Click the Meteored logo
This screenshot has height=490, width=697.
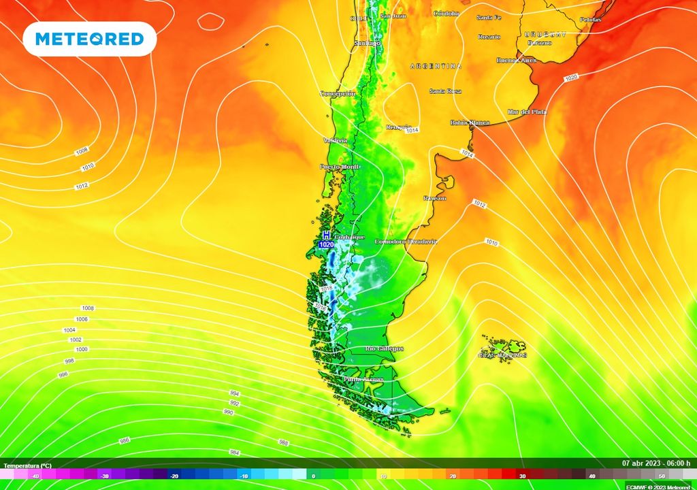click(x=90, y=39)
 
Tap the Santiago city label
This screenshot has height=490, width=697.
click(x=368, y=44)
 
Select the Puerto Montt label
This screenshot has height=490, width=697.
click(x=340, y=167)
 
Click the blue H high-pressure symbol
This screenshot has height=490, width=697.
click(x=326, y=235)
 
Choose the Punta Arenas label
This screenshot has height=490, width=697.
click(x=363, y=379)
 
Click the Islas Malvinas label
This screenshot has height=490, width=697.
click(x=502, y=355)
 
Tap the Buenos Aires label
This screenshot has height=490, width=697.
click(x=517, y=60)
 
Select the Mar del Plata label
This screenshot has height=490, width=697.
click(x=527, y=112)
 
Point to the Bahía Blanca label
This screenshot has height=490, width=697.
click(x=470, y=122)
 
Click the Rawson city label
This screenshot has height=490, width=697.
click(x=434, y=198)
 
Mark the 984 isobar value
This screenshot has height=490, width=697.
click(x=234, y=453)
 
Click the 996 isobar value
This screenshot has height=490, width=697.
click(x=63, y=374)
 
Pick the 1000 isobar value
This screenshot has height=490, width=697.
click(x=82, y=349)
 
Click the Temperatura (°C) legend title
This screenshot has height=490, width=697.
click(x=27, y=466)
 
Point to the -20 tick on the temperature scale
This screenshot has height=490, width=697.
click(x=175, y=476)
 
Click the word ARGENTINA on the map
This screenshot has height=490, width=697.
click(x=436, y=66)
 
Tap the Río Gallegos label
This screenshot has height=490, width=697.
click(x=385, y=348)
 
